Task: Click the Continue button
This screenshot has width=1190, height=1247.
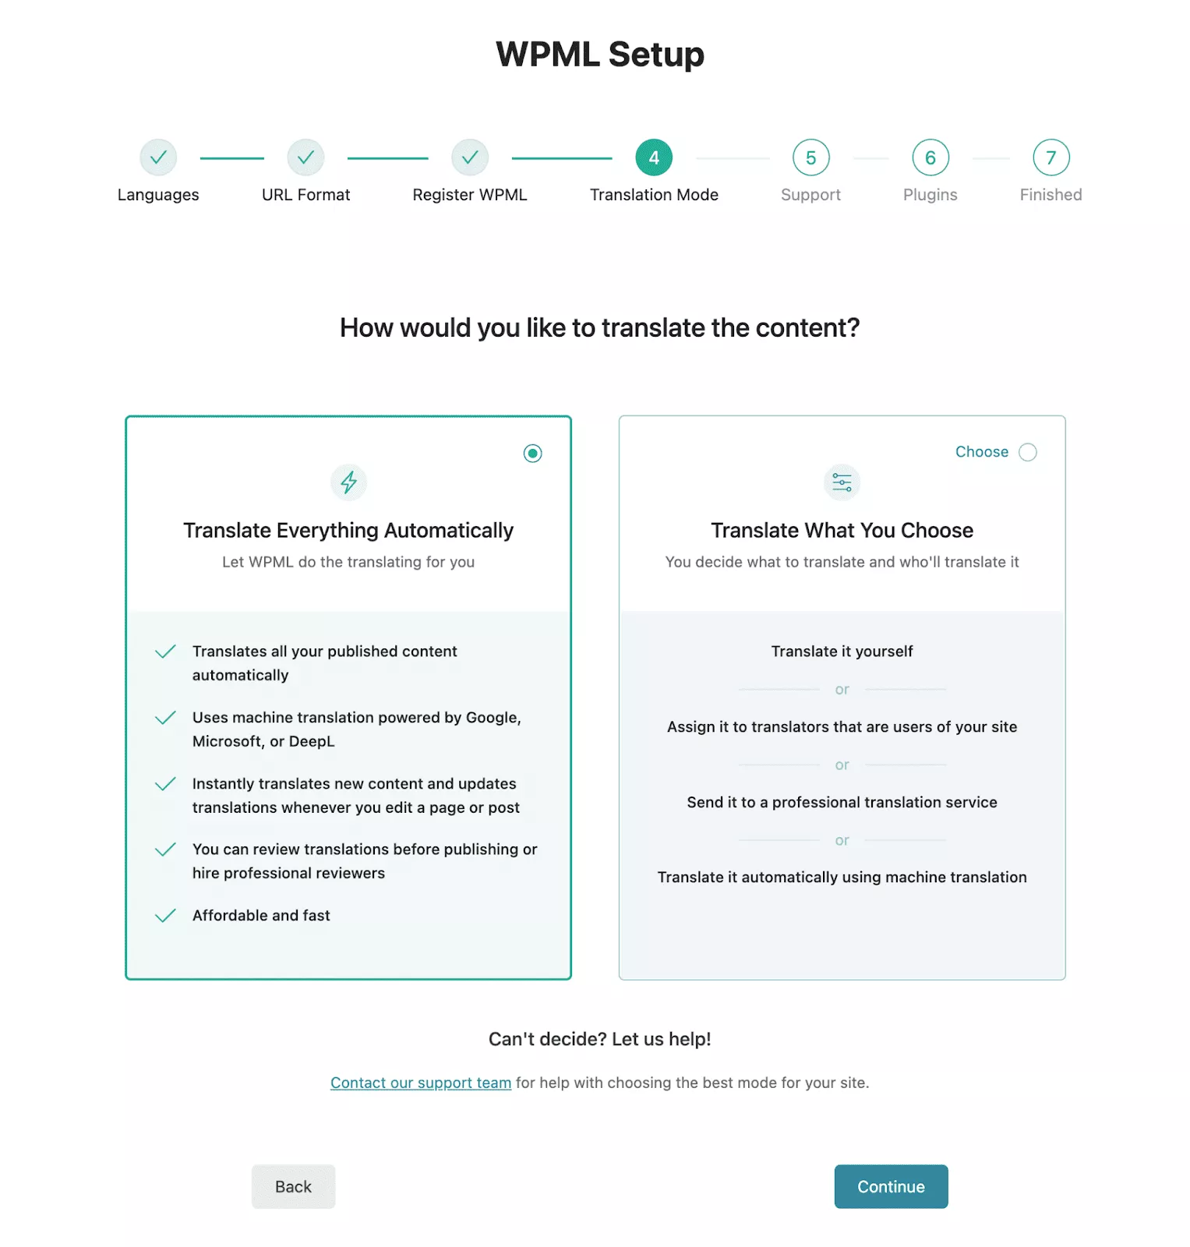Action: (891, 1186)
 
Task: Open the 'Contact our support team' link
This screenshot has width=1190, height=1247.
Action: (421, 1083)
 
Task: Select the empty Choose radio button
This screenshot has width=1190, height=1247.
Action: (1028, 452)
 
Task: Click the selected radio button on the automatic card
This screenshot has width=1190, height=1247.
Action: (533, 454)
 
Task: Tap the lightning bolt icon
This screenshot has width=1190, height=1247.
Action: (349, 482)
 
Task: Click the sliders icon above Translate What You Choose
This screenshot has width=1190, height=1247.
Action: (842, 482)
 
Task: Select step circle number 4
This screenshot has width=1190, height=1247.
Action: (654, 158)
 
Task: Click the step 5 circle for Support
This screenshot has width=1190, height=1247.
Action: (811, 158)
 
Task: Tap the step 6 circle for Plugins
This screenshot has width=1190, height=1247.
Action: (930, 158)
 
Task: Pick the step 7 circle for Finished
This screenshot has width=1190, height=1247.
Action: (1051, 158)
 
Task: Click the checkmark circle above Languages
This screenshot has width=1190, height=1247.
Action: (158, 158)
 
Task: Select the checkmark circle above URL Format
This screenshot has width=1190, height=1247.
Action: (305, 158)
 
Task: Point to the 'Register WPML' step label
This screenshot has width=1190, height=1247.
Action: (470, 195)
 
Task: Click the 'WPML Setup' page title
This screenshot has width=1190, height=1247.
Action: (600, 55)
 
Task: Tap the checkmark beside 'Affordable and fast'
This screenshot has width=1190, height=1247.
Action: (165, 916)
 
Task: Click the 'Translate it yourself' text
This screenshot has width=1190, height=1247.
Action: (842, 652)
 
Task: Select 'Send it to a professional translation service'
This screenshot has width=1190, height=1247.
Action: (842, 803)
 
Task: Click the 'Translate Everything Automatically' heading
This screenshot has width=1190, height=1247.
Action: (348, 531)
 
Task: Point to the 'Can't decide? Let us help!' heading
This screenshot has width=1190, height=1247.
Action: (599, 1039)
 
